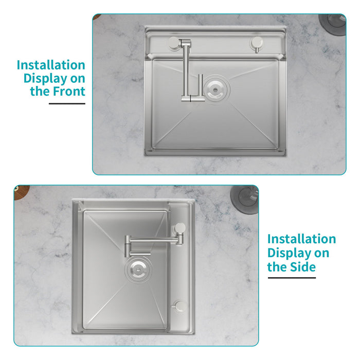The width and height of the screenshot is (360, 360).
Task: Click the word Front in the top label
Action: pyautogui.click(x=68, y=92)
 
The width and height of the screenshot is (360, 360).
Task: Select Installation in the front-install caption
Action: pyautogui.click(x=51, y=65)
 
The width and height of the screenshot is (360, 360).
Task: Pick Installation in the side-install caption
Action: pyautogui.click(x=301, y=239)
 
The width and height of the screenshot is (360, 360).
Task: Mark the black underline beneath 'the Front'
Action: pyautogui.click(x=67, y=104)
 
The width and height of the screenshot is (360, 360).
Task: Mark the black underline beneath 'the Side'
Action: pyautogui.click(x=291, y=278)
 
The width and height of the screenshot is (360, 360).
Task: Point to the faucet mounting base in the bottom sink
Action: pyautogui.click(x=179, y=227)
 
